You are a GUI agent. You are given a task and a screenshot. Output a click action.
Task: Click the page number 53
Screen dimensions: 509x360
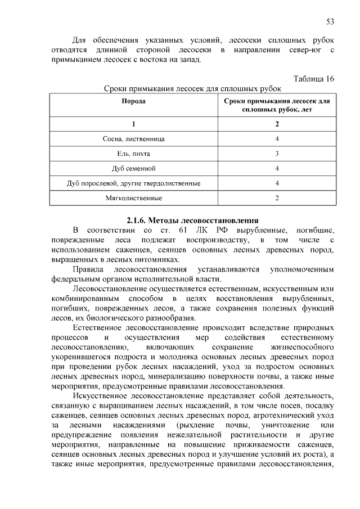tap(330, 22)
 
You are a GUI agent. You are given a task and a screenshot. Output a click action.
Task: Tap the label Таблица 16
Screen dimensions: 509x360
tap(314, 79)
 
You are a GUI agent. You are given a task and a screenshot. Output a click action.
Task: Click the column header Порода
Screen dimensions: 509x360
tap(134, 101)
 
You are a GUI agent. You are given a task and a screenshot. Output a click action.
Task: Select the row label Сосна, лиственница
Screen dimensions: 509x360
tap(134, 138)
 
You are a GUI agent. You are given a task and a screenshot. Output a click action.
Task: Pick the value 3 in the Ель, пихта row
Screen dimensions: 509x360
tap(277, 153)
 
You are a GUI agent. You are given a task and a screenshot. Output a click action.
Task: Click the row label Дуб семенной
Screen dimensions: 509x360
tap(134, 168)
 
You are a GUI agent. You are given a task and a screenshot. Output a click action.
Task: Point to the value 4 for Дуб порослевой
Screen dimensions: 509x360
tap(277, 183)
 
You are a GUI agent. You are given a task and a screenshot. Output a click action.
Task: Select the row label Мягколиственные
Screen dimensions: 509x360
tap(134, 199)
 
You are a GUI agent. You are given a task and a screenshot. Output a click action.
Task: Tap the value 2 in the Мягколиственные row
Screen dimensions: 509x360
tap(277, 199)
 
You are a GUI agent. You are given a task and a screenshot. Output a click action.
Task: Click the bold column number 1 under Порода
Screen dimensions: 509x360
tap(134, 123)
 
